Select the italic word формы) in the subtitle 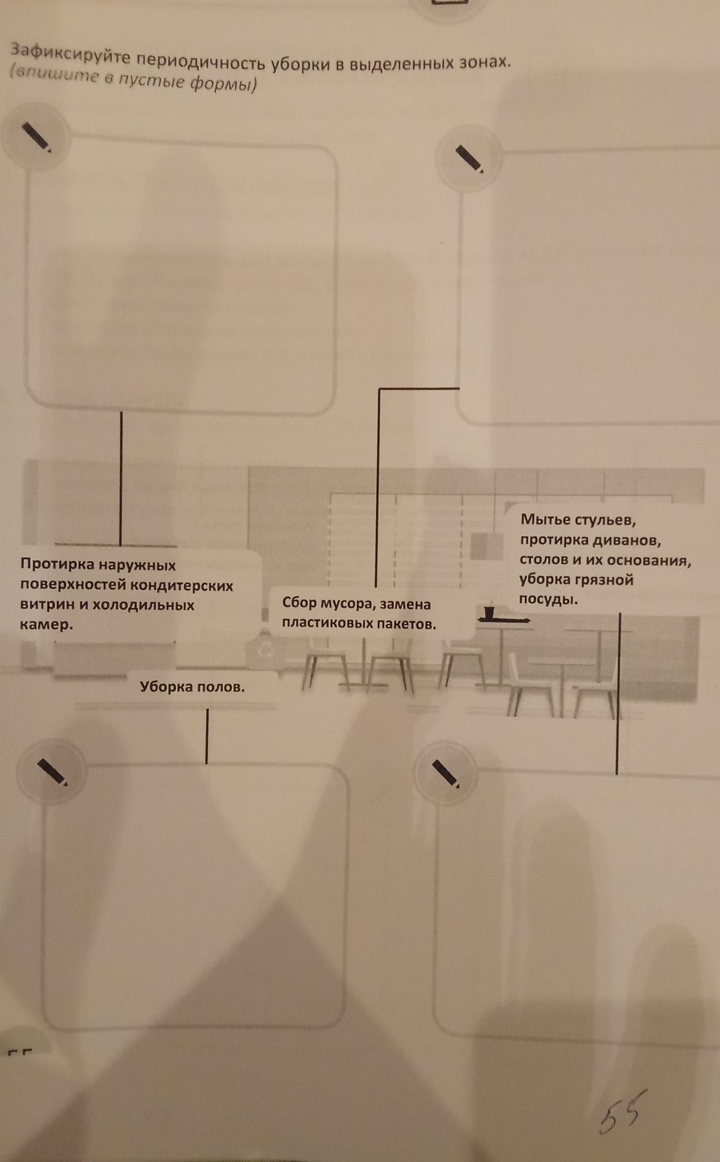tap(223, 83)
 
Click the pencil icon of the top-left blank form tap(37, 137)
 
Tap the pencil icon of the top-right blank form tap(470, 159)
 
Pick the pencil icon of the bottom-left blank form tap(52, 772)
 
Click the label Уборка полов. tap(192, 687)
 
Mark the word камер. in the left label tap(46, 625)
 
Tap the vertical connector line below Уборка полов tap(207, 736)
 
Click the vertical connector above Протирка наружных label tap(121, 479)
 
